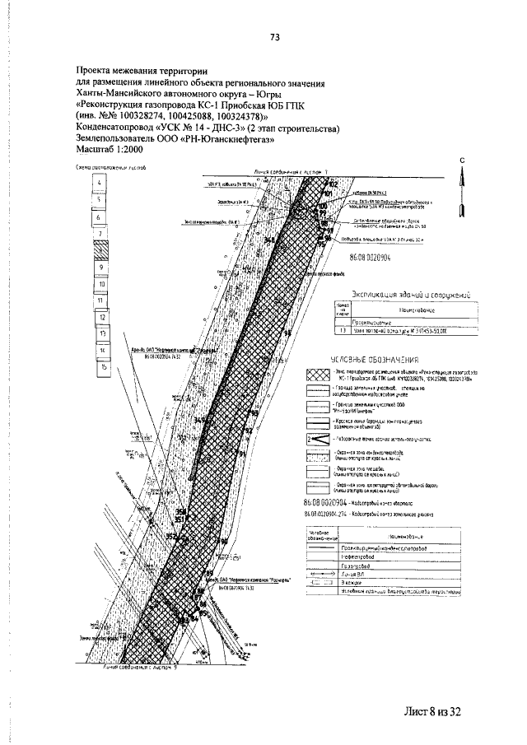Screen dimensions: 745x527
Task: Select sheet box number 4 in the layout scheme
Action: (x=100, y=183)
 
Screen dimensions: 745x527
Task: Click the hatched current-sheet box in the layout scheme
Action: (x=100, y=251)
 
